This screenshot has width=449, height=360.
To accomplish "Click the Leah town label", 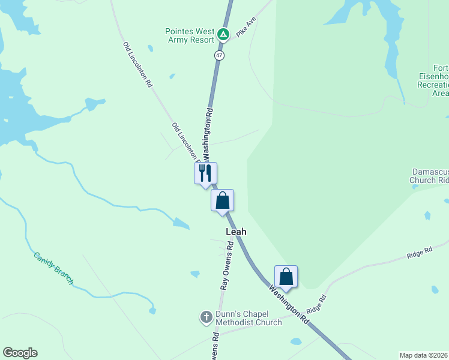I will click(236, 232).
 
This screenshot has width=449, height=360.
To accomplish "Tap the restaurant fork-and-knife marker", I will click(205, 173).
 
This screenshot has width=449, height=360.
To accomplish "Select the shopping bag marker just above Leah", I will click(222, 200).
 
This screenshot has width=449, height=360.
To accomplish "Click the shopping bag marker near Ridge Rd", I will click(286, 277).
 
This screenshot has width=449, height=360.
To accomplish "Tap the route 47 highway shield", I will click(219, 55).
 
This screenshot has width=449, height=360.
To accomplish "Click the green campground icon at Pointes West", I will click(223, 34).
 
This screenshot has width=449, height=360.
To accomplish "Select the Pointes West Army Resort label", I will click(190, 35).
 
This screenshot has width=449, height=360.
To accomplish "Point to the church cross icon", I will click(206, 316).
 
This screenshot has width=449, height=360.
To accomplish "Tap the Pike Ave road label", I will click(246, 28).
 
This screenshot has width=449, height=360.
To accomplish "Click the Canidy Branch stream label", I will click(53, 267).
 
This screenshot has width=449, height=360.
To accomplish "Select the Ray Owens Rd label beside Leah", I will click(227, 265).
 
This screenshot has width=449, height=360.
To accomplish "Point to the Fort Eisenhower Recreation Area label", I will click(433, 80).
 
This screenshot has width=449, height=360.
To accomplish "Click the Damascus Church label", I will click(430, 175).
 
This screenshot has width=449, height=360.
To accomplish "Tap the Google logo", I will click(20, 353).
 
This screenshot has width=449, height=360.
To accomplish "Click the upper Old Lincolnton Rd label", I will click(137, 65).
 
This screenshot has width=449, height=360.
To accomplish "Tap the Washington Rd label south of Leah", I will click(289, 305).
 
